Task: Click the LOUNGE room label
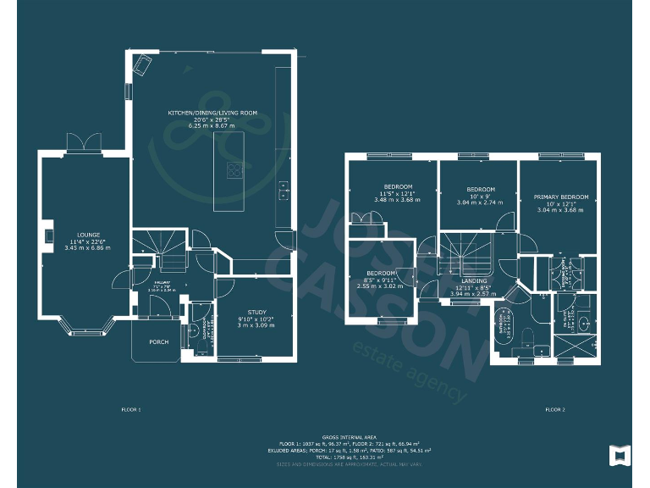(x=88, y=235)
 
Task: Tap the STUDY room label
(x=256, y=312)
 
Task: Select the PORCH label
(x=158, y=342)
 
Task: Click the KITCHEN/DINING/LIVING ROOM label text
(x=212, y=113)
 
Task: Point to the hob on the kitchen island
(x=233, y=169)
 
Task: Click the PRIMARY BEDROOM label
(x=560, y=197)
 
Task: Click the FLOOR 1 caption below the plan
(x=131, y=409)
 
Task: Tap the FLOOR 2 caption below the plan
(x=554, y=409)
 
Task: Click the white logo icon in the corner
(x=620, y=455)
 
